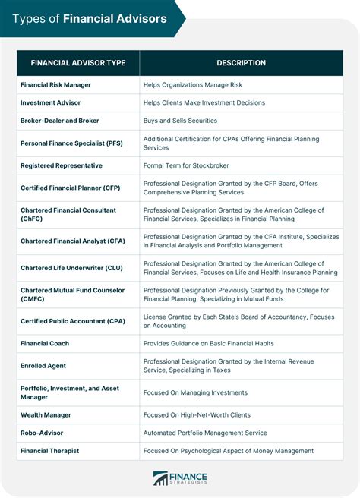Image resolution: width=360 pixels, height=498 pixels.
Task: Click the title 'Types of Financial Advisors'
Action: [90, 18]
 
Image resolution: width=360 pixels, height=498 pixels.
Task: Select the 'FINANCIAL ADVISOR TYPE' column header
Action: [78, 63]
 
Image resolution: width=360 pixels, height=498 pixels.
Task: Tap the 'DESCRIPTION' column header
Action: [241, 63]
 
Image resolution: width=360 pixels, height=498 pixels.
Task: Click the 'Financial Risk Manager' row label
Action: [55, 84]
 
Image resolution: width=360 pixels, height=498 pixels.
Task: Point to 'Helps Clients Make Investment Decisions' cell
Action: [204, 102]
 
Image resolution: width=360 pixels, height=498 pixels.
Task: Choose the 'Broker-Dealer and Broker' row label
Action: [59, 121]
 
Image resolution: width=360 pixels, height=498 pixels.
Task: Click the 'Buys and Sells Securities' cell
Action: [180, 121]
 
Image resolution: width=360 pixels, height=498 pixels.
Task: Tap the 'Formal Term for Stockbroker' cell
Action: [186, 165]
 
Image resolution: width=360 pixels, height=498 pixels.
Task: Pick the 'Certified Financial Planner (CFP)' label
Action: [70, 188]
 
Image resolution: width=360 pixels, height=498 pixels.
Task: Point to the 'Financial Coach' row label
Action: [45, 343]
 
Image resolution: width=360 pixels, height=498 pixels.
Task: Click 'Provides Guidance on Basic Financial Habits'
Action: [209, 343]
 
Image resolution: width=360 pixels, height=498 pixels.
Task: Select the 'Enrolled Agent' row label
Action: [43, 366]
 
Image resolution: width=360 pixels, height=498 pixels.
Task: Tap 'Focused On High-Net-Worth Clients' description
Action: [197, 415]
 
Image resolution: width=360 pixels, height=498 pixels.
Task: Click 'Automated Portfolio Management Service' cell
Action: [205, 433]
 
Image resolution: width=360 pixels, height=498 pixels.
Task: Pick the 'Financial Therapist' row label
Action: [49, 451]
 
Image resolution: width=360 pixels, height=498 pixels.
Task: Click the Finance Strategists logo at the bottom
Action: [180, 478]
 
